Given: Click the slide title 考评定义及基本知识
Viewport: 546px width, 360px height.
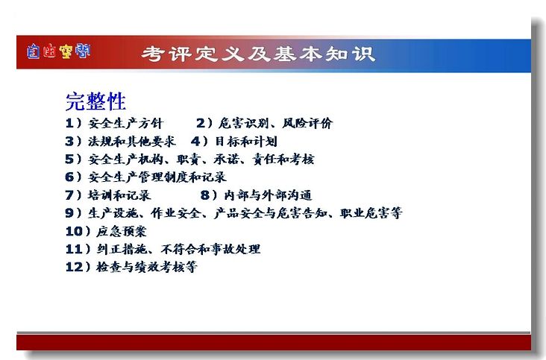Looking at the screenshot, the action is click(258, 54).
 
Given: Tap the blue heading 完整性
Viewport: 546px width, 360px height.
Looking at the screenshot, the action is click(95, 101).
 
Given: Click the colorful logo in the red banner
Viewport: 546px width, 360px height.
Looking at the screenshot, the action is click(58, 51).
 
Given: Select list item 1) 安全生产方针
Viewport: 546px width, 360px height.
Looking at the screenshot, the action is click(114, 123).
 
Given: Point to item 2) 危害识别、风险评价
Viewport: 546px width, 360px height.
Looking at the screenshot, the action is click(264, 123).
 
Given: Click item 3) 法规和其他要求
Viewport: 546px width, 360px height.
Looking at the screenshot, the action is click(121, 141).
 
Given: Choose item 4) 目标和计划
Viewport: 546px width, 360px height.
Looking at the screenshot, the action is click(234, 141).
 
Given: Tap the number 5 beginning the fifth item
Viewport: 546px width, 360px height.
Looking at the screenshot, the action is click(69, 159).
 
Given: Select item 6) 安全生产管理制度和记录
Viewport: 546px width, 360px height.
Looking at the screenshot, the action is click(146, 177).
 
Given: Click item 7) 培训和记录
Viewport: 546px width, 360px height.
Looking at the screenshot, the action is click(108, 195).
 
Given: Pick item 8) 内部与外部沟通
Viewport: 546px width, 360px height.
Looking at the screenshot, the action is click(257, 195).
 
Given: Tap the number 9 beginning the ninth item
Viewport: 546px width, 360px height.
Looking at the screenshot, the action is click(69, 213).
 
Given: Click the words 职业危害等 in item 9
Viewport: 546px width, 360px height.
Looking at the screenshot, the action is click(371, 213).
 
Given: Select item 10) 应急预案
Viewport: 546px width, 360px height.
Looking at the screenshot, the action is click(106, 231).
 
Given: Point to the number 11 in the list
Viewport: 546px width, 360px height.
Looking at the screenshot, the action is click(74, 249).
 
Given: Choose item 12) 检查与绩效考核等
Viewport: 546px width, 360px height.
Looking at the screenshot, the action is click(131, 267).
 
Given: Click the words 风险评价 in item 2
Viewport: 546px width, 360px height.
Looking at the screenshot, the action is click(307, 123).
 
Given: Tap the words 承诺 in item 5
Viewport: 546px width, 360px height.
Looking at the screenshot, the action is click(226, 159).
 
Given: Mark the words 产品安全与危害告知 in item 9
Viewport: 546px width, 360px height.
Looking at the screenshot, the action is click(271, 213).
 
